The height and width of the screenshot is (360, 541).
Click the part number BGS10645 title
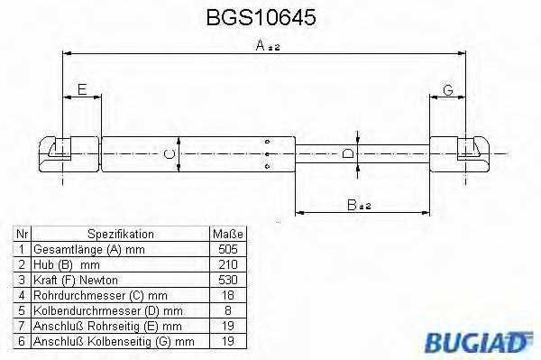coord(270,17)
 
